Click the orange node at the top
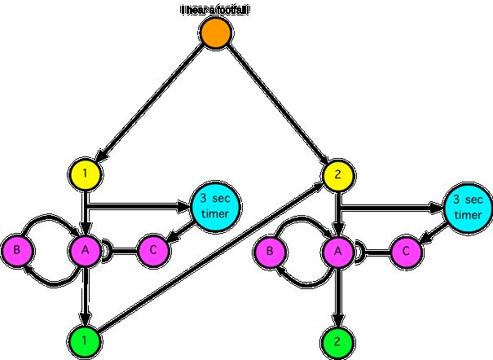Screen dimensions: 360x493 click(217, 34)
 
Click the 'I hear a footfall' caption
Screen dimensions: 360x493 click(214, 10)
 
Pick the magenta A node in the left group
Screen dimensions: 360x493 click(85, 249)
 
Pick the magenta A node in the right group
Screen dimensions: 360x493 click(337, 249)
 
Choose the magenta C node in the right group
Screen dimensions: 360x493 click(407, 251)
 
